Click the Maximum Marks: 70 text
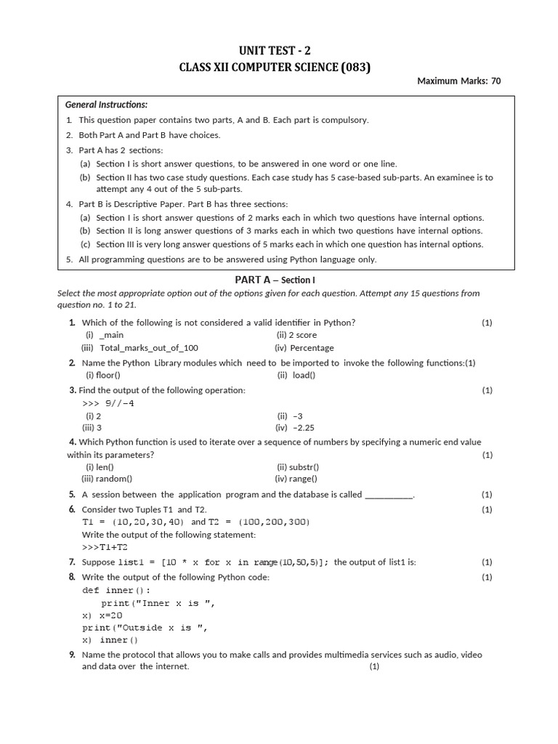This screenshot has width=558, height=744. click(458, 81)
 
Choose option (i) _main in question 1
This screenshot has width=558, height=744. click(105, 335)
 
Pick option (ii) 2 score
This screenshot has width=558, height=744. click(296, 335)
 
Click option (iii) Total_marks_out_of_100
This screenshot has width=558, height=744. click(139, 348)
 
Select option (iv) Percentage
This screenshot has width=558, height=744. click(304, 348)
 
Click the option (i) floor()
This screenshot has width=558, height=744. click(103, 376)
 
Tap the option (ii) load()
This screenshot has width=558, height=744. click(296, 376)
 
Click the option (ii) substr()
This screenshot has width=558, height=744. click(297, 467)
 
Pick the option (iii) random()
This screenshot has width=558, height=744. click(107, 479)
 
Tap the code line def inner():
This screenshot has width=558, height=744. click(116, 591)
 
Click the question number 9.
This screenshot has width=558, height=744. click(72, 655)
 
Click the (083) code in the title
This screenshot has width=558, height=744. click(354, 68)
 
